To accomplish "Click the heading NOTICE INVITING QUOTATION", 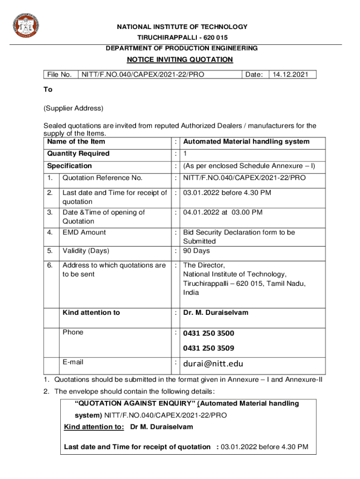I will click(x=180, y=59).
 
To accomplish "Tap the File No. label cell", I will click(x=59, y=74).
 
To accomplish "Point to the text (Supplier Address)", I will click(x=73, y=108).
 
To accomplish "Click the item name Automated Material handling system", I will click(x=246, y=142).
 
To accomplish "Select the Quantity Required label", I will click(x=78, y=154).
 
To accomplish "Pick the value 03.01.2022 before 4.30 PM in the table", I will click(x=227, y=193).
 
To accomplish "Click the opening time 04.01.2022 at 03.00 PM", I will click(x=223, y=212).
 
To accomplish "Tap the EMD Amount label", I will click(x=84, y=232).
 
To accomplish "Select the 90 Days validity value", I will click(x=196, y=251).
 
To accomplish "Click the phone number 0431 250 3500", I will click(x=209, y=334).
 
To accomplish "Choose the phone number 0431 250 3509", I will click(x=209, y=348).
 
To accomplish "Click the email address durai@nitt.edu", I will click(x=213, y=363).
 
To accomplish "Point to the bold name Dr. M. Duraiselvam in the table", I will click(x=216, y=312).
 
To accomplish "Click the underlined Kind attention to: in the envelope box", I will click(x=94, y=427).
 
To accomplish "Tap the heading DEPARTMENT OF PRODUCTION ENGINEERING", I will click(x=181, y=48).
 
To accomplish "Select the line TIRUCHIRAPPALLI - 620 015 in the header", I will click(x=182, y=37).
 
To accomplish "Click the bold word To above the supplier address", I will click(x=48, y=89).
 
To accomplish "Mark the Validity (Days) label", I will click(x=86, y=251).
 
